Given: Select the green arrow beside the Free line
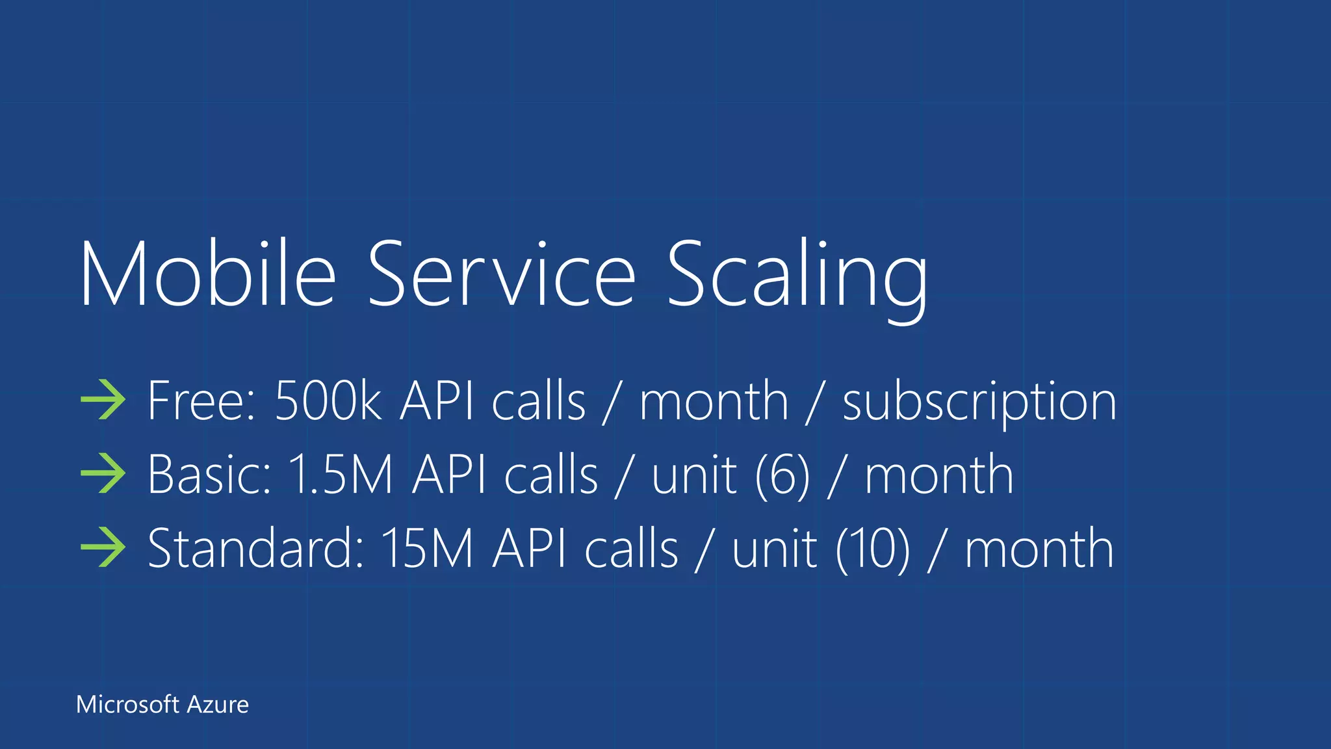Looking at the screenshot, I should [x=103, y=400].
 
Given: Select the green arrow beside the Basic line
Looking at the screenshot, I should [x=103, y=474].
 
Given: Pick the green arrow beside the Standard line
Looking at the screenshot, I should [x=103, y=547].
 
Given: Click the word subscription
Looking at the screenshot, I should [x=979, y=403].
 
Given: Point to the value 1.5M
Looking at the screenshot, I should [x=340, y=475].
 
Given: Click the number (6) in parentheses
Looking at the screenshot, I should [x=782, y=476].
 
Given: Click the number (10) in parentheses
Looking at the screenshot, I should [x=873, y=549].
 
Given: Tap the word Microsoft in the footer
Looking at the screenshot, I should [x=127, y=705].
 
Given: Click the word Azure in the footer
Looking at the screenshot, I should [x=218, y=705].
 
